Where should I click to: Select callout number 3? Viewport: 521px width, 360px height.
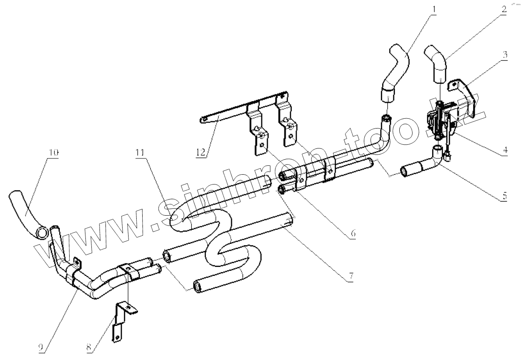point(505,55)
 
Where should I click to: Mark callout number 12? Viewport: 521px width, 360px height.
point(201,152)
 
